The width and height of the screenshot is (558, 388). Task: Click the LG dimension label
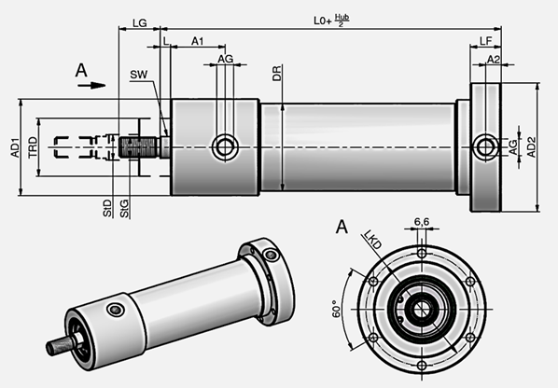click(139, 21)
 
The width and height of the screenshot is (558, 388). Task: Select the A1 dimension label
click(199, 42)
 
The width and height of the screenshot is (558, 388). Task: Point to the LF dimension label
click(486, 42)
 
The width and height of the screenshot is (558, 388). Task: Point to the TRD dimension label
click(33, 146)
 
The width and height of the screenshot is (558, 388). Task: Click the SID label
click(108, 206)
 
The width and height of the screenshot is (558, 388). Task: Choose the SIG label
click(125, 206)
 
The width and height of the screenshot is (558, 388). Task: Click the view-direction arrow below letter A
click(91, 84)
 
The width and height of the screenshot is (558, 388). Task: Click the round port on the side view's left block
click(224, 145)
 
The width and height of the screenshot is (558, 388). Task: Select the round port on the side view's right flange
click(483, 145)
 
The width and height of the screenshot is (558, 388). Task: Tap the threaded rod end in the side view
click(141, 146)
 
